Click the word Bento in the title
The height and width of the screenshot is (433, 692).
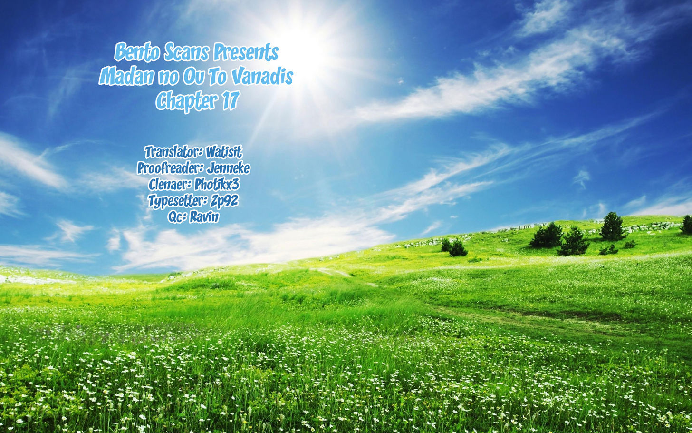point(137,52)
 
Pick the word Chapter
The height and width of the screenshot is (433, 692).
point(187,101)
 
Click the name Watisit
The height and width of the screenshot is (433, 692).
point(224,152)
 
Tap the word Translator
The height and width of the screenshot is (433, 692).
point(173,152)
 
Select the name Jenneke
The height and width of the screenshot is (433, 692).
point(228,168)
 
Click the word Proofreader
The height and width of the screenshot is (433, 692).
point(171,168)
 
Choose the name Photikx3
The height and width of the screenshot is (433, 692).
point(217,185)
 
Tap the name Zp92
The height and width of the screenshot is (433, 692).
point(224,201)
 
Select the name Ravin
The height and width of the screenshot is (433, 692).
point(204,217)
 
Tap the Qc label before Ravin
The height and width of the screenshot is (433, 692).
point(177,217)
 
